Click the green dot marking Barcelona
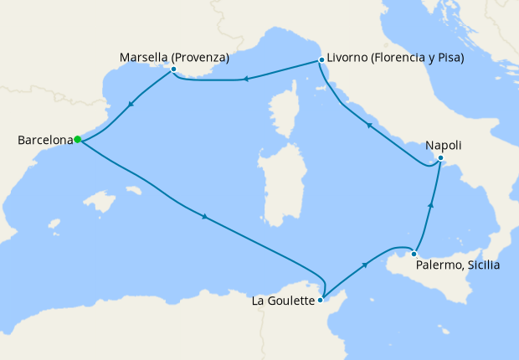click(77, 140)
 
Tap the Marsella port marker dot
click(173, 69)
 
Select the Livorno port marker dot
click(321, 60)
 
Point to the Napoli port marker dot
click(440, 158)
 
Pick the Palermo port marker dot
click(414, 254)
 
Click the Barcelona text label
click(44, 141)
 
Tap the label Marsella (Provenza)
click(175, 57)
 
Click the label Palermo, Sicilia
click(458, 266)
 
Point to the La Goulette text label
click(283, 300)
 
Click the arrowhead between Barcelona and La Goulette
click(204, 219)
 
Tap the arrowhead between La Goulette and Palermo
click(365, 265)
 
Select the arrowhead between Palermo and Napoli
click(431, 204)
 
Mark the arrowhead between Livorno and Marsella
click(246, 80)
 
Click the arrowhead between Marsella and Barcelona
click(130, 105)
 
